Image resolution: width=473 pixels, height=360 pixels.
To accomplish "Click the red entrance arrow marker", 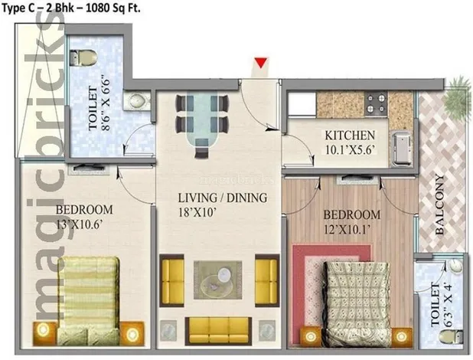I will coord(262,65).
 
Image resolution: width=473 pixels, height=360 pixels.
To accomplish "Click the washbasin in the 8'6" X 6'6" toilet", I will coord(137,100).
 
